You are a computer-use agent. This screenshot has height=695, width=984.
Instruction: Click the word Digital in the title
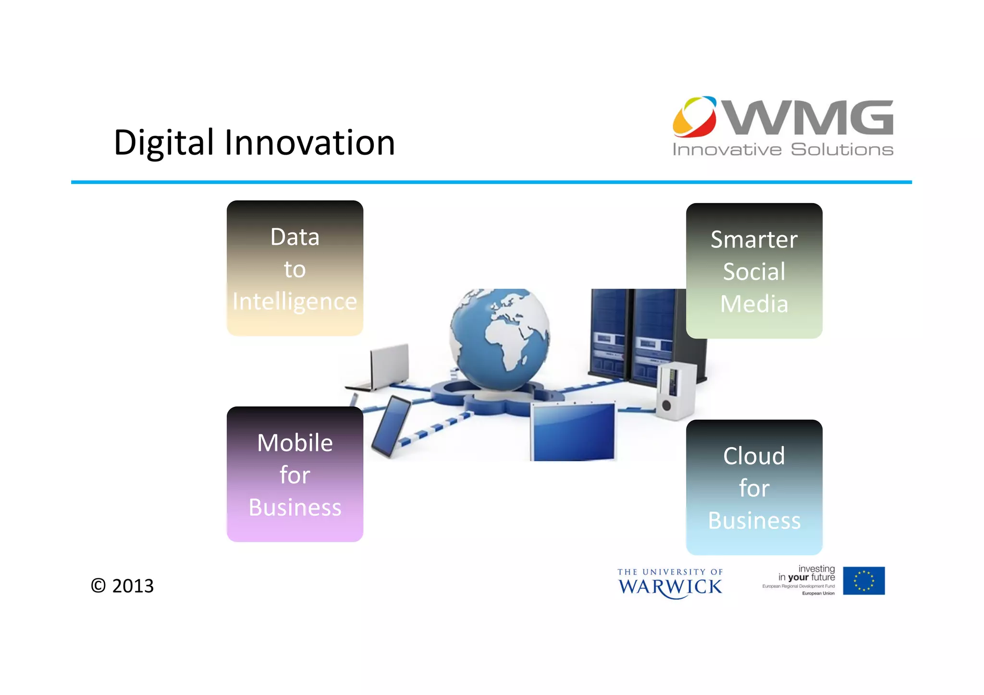[x=163, y=143]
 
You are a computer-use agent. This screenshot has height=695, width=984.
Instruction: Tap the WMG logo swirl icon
[x=694, y=117]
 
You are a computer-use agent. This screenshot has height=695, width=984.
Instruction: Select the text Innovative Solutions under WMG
[x=783, y=150]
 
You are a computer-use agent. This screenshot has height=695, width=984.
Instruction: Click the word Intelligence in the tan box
[x=295, y=302]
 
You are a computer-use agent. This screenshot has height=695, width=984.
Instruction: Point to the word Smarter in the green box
[x=754, y=240]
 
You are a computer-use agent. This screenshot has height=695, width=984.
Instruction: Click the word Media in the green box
[x=754, y=304]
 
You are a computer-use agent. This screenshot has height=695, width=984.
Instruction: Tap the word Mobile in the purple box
[x=295, y=443]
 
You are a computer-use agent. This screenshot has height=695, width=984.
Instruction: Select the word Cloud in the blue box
[x=754, y=456]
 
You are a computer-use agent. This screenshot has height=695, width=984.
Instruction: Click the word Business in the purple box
[x=295, y=508]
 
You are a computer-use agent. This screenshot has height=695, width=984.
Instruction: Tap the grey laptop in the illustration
[x=384, y=367]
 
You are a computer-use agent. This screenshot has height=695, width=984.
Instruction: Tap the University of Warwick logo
[x=670, y=583]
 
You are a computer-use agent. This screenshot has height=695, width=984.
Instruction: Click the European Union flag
[x=863, y=581]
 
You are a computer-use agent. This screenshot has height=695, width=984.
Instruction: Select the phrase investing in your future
[x=807, y=573]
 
